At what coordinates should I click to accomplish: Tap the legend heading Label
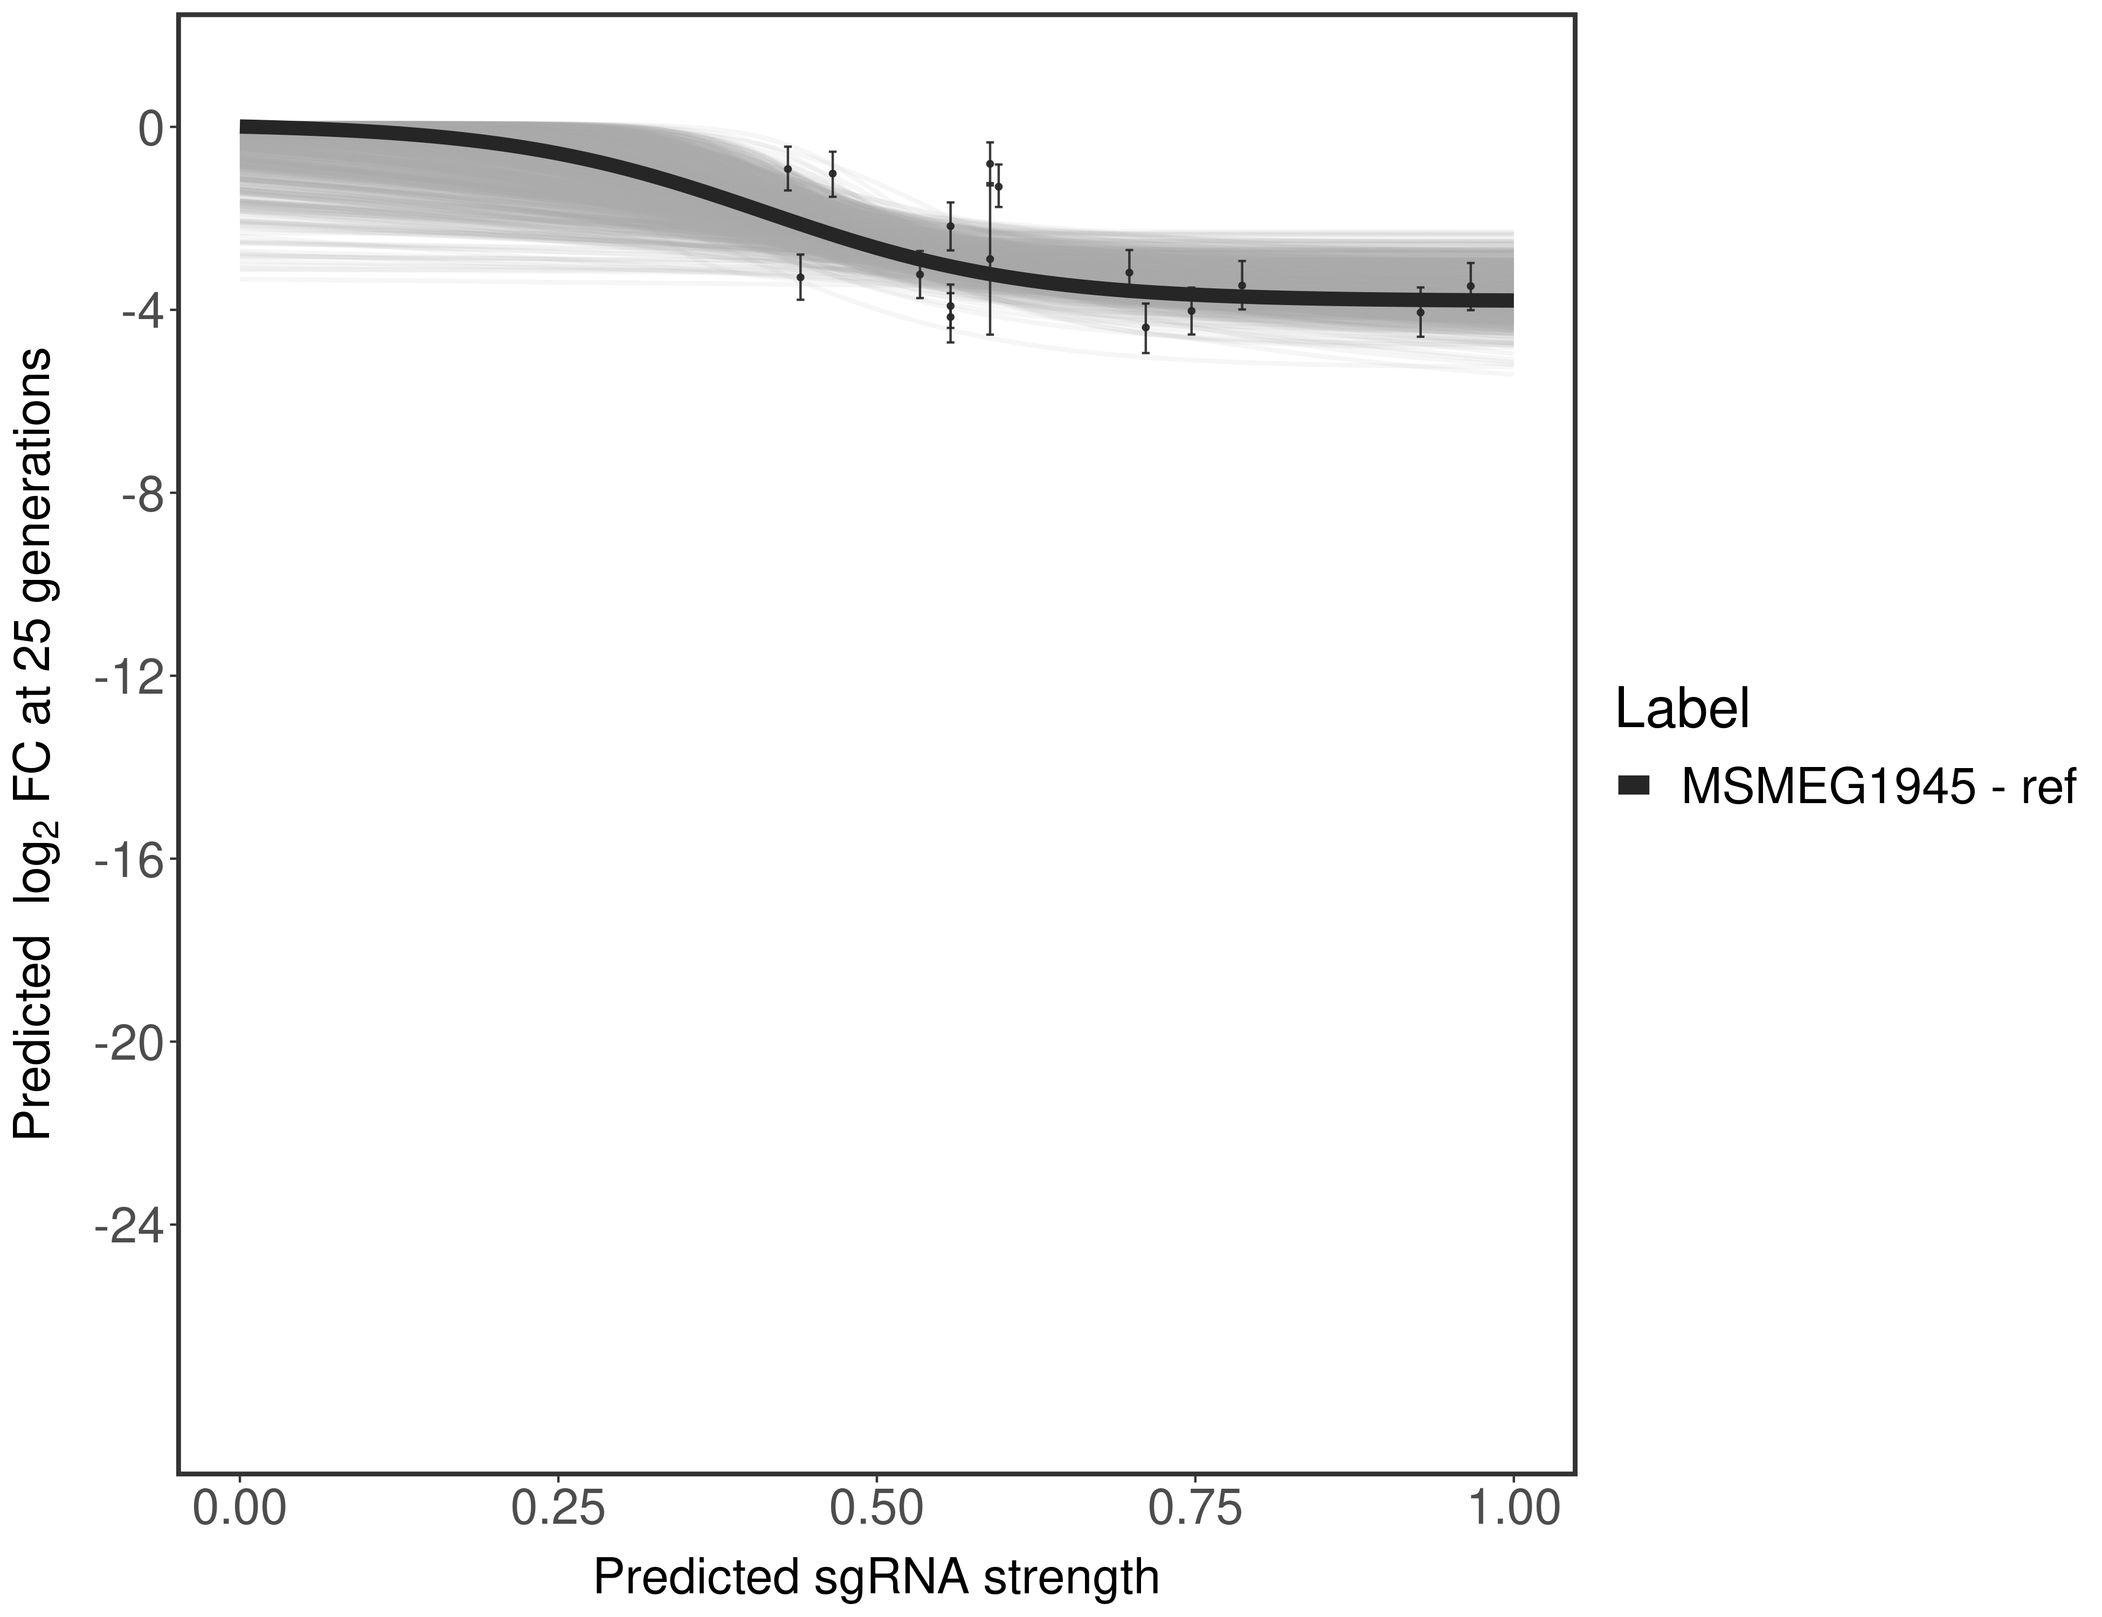(1682, 709)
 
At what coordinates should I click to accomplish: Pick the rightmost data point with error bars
(1471, 286)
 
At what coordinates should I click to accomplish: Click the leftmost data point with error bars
(787, 168)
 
